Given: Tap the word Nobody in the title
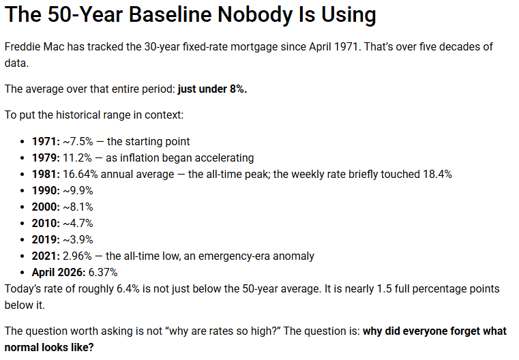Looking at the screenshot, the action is pyautogui.click(x=255, y=14).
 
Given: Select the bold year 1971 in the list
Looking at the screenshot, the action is pyautogui.click(x=46, y=141).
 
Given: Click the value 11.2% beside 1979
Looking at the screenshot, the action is pyautogui.click(x=77, y=157).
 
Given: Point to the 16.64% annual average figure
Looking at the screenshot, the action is pyautogui.click(x=80, y=174).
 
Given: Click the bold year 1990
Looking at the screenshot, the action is pyautogui.click(x=46, y=190).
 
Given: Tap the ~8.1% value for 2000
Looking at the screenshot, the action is pyautogui.click(x=78, y=207).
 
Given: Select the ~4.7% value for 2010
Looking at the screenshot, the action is pyautogui.click(x=78, y=223).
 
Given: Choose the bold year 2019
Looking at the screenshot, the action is pyautogui.click(x=46, y=239).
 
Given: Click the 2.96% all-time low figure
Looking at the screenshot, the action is pyautogui.click(x=77, y=256).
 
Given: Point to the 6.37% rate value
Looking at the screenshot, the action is pyautogui.click(x=103, y=272).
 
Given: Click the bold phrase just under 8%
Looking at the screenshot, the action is pyautogui.click(x=212, y=89).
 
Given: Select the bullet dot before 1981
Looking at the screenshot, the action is pyautogui.click(x=23, y=175).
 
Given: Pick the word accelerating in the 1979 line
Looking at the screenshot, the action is pyautogui.click(x=224, y=157).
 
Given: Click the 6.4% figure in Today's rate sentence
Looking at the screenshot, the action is pyautogui.click(x=128, y=288).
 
